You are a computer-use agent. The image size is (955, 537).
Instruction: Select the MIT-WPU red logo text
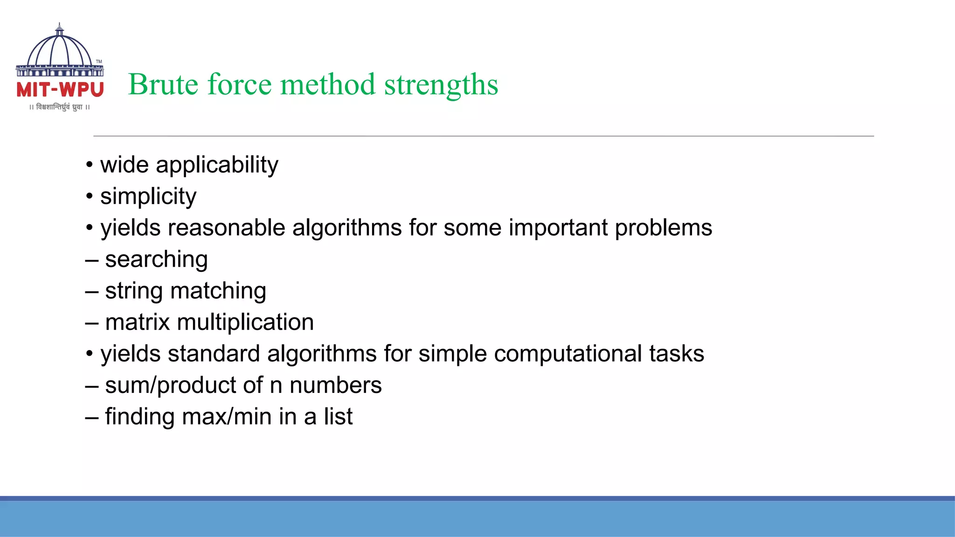(x=60, y=90)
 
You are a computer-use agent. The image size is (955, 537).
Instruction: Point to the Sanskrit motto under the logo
(x=60, y=107)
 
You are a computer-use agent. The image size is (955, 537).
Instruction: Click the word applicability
(x=217, y=165)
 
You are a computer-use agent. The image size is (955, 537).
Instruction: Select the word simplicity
(x=148, y=196)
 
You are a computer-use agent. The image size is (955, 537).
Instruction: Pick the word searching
(x=156, y=260)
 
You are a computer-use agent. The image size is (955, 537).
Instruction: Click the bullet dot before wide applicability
(x=90, y=165)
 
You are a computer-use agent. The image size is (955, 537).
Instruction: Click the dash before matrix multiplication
(x=92, y=323)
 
